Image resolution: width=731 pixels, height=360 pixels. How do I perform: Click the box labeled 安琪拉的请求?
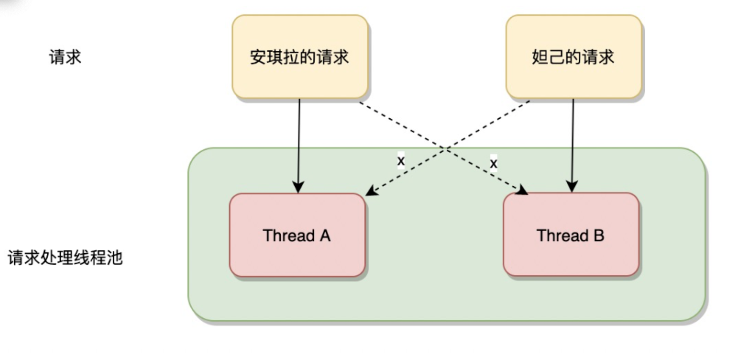pos(300,57)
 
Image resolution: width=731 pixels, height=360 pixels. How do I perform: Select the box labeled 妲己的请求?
pos(573,57)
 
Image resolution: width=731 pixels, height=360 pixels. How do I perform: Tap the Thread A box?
pos(297,235)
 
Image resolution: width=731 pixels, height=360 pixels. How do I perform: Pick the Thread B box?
pos(571,235)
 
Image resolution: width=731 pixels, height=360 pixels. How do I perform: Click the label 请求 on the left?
pos(65,57)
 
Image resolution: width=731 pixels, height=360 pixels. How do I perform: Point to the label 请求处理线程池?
pos(65,257)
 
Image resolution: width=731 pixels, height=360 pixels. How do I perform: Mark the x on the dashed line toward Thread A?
pos(401,161)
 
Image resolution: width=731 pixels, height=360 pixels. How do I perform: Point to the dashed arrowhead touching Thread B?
pos(522,190)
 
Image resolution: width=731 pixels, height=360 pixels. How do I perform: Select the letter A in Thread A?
pos(325,235)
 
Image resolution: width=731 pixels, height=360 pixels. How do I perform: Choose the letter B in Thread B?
pos(599,235)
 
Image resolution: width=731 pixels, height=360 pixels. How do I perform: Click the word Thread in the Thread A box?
pos(289,235)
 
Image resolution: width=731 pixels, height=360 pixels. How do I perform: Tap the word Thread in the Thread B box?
pos(562,235)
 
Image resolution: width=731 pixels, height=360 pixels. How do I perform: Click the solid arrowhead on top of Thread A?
pos(298,187)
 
